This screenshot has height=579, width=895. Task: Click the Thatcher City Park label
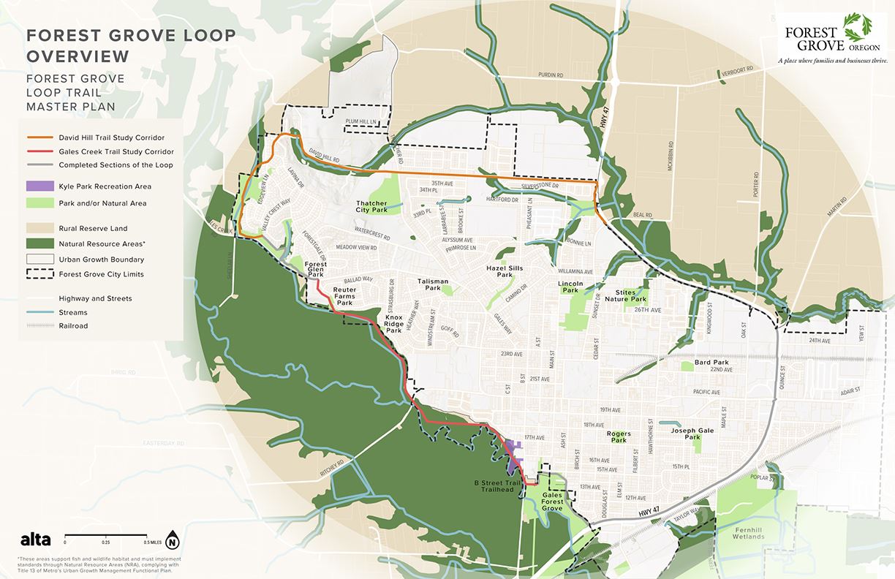click(371, 207)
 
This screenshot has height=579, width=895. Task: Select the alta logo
click(35, 540)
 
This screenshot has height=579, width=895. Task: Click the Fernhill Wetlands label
click(749, 533)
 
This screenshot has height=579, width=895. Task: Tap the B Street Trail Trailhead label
click(496, 487)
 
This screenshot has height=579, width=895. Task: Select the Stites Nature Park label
click(630, 295)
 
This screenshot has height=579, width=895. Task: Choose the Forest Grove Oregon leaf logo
click(853, 30)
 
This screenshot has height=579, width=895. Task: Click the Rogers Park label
click(619, 437)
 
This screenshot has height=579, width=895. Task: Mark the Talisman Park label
click(432, 285)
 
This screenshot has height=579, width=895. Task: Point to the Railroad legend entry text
click(73, 326)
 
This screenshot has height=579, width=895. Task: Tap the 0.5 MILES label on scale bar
click(152, 542)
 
